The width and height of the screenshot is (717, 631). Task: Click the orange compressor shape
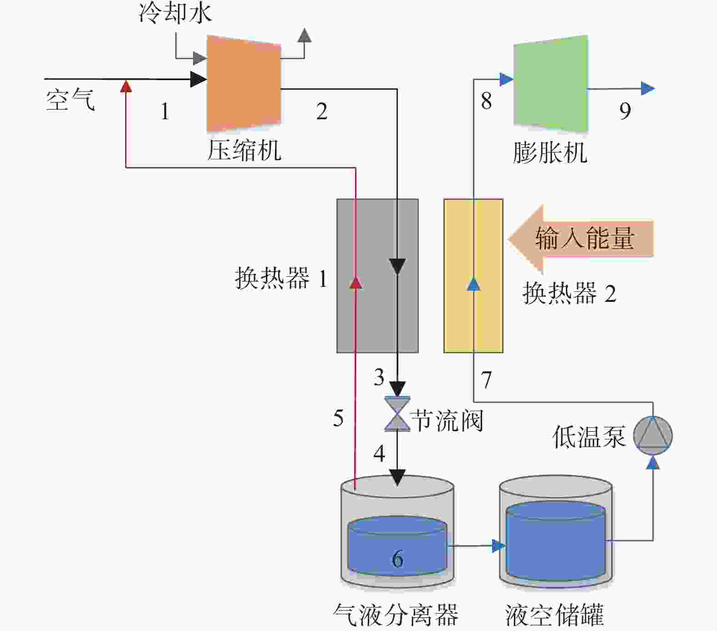click(x=244, y=84)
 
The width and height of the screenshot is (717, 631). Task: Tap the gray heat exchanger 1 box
click(x=377, y=276)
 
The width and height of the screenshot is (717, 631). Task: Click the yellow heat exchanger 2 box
click(x=473, y=276)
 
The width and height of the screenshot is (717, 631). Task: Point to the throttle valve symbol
click(x=397, y=413)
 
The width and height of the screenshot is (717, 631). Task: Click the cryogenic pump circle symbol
click(x=653, y=436)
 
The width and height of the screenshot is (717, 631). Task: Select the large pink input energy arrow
click(x=581, y=239)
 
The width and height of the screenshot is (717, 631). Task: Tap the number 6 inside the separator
click(x=397, y=559)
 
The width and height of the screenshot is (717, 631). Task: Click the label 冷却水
click(x=175, y=12)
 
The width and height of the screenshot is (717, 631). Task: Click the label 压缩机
click(x=244, y=150)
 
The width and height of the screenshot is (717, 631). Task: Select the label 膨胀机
click(x=550, y=153)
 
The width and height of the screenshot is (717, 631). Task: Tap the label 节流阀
click(x=447, y=420)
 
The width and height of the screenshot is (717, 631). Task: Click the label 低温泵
click(x=589, y=437)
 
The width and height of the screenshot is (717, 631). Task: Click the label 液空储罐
click(x=554, y=615)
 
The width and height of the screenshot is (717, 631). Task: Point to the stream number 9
click(x=625, y=111)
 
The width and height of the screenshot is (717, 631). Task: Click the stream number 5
click(x=338, y=418)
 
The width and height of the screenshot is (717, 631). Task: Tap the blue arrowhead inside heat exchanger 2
click(x=474, y=284)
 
